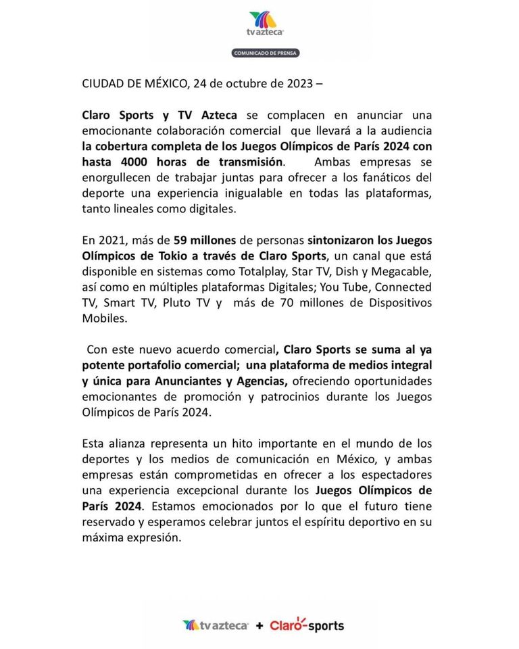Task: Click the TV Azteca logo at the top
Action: (x=266, y=24)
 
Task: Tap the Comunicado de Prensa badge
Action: (x=266, y=53)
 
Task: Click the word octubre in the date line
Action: (x=245, y=84)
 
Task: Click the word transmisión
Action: (x=247, y=162)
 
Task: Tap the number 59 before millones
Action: (x=181, y=240)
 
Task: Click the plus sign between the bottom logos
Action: (x=259, y=626)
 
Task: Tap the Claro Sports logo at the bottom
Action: (x=307, y=625)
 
